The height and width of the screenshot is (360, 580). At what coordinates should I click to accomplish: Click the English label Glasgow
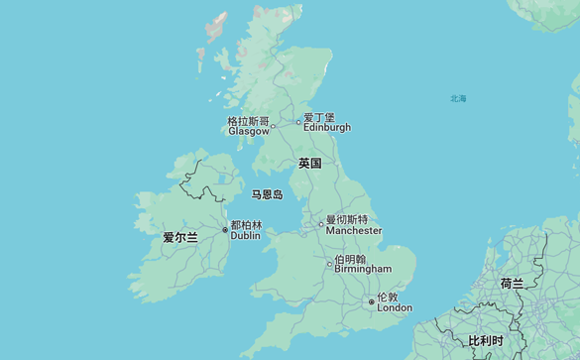[248, 131]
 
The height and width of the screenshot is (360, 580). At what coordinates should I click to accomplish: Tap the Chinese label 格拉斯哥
[248, 121]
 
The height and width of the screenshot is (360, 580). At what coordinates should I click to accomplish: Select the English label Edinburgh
[326, 127]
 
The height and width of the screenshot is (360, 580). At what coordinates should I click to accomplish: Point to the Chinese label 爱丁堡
[319, 117]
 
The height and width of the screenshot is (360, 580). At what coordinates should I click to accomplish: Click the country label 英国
[309, 163]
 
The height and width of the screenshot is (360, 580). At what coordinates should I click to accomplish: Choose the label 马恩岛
[267, 195]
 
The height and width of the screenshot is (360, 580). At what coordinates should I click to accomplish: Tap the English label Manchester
[354, 230]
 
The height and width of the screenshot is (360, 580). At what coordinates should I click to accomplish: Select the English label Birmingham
[363, 269]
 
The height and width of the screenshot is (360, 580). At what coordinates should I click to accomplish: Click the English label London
[395, 307]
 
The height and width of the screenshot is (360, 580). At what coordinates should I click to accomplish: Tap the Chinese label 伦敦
[387, 297]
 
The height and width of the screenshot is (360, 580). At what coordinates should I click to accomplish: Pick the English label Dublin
[245, 236]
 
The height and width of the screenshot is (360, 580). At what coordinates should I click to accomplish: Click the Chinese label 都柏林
[246, 225]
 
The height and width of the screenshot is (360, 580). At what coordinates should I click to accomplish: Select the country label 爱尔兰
[180, 238]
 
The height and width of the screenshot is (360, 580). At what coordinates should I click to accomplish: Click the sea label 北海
[458, 99]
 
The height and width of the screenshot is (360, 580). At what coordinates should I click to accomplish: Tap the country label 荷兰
[512, 284]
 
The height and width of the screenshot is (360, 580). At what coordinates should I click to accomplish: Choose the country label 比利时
[485, 341]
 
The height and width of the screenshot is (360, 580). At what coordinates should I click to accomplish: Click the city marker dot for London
[372, 301]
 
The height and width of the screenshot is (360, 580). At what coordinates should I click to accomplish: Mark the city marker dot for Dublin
[225, 230]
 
